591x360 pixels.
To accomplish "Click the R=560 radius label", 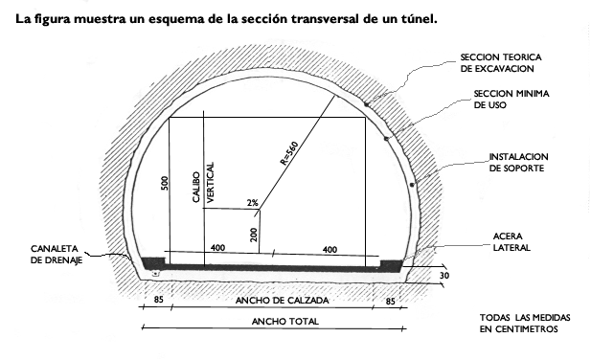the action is [289, 153].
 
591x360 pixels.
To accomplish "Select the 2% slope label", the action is [252, 203].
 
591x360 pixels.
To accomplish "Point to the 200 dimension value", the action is [254, 233].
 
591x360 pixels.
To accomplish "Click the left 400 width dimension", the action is [217, 249].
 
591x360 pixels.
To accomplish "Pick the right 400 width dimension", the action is [330, 249].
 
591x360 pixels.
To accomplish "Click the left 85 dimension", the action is [158, 300].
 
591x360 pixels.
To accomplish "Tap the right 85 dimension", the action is [390, 300].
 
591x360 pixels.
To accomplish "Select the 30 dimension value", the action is [443, 276].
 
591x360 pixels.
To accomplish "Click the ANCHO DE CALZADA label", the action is [274, 301].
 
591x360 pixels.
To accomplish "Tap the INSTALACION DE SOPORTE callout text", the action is [517, 162].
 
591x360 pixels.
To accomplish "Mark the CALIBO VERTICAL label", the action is [204, 180].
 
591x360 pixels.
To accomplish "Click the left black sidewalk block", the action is [152, 261].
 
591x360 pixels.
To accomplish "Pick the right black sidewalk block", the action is [392, 261].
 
